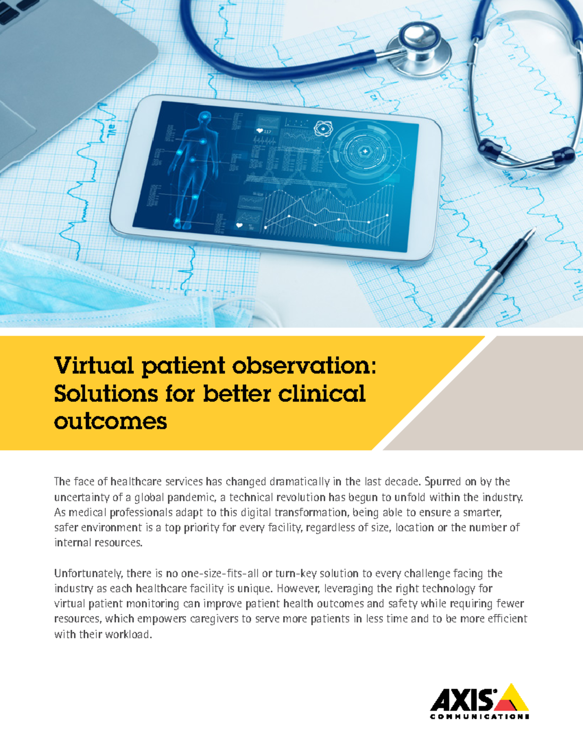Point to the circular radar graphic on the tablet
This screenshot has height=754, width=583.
tap(365, 152)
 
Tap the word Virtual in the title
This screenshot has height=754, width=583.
tap(93, 365)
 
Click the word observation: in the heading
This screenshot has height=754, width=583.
tap(304, 365)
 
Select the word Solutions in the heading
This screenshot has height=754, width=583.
tap(105, 393)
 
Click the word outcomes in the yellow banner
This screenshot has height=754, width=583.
tap(110, 421)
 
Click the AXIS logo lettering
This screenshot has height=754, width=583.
tap(462, 700)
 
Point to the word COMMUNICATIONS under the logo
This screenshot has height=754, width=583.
tap(480, 717)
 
